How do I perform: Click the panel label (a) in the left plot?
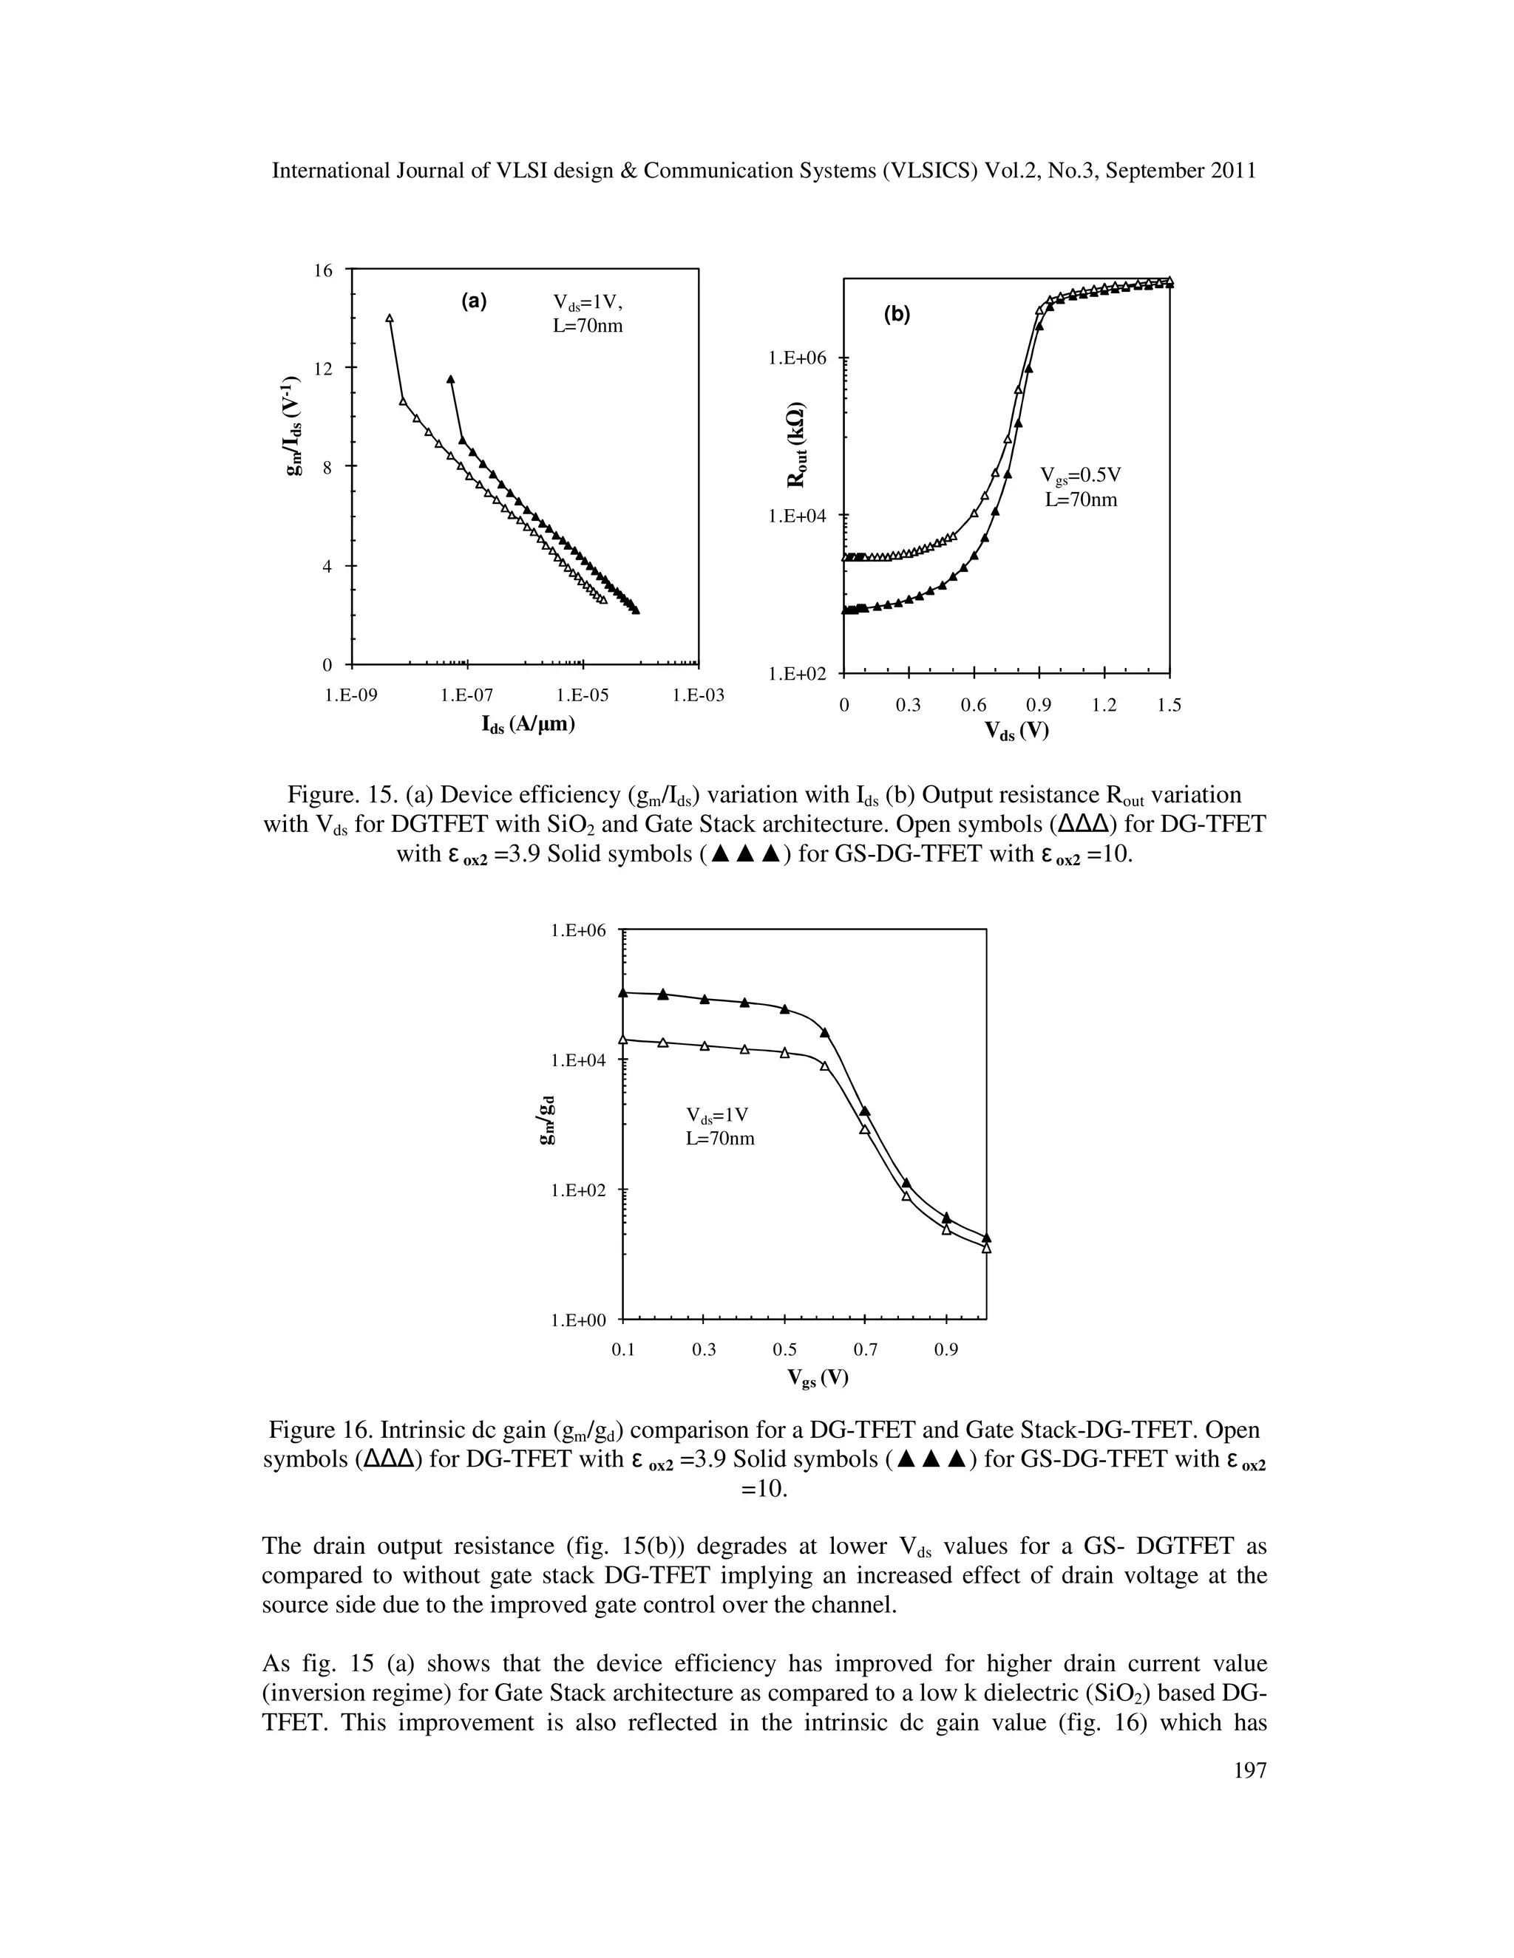[x=474, y=302]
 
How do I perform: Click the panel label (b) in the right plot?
[x=896, y=315]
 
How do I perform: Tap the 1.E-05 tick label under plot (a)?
[x=582, y=695]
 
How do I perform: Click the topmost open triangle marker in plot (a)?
[x=390, y=318]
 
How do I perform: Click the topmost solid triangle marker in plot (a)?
[x=451, y=379]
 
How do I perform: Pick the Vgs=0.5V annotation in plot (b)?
[x=1081, y=475]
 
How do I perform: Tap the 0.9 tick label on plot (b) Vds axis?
[x=1039, y=706]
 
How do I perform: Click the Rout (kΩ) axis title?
[x=795, y=446]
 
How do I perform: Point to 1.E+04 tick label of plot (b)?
[x=798, y=516]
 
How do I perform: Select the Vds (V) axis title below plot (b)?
[x=1016, y=731]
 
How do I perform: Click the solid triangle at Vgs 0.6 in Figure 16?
[x=825, y=1033]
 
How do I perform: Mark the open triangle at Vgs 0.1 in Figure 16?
[x=623, y=1039]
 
